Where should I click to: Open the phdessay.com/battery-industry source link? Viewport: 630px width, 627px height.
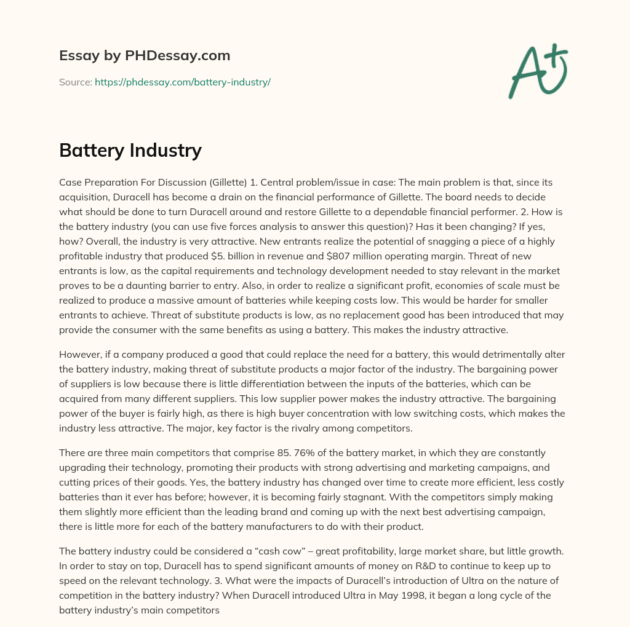tap(183, 82)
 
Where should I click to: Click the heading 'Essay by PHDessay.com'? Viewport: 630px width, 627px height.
tap(145, 56)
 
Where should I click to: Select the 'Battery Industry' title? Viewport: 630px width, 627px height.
tap(130, 150)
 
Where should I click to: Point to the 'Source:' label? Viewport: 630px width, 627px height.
tap(75, 82)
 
